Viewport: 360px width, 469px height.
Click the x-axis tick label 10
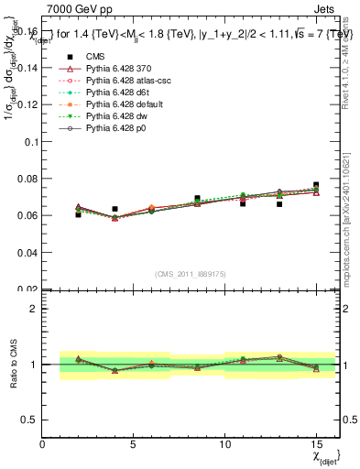[225, 444]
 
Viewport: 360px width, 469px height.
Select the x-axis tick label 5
[134, 444]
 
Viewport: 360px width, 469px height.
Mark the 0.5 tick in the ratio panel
[31, 420]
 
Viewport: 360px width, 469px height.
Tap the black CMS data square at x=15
[316, 185]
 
